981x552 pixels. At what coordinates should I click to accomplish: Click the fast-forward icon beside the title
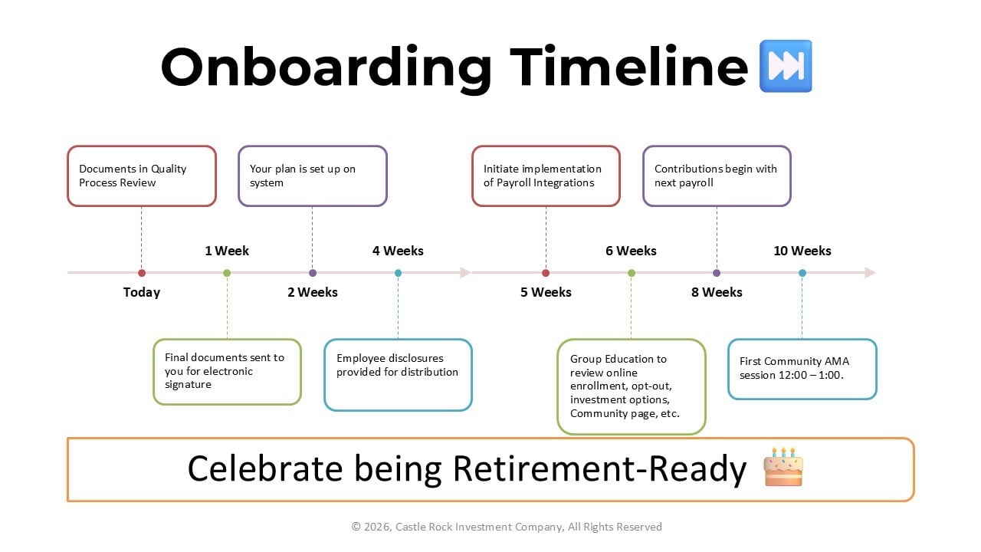pyautogui.click(x=785, y=67)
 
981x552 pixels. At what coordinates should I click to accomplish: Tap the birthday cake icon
pyautogui.click(x=783, y=467)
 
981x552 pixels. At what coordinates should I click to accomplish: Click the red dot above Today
pyautogui.click(x=142, y=273)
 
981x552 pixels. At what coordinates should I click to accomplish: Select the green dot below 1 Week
pyautogui.click(x=227, y=273)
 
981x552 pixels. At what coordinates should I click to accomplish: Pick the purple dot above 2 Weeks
pyautogui.click(x=312, y=273)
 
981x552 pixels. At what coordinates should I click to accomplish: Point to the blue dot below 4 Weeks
pyautogui.click(x=398, y=273)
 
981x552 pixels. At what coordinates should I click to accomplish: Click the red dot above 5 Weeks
pyautogui.click(x=546, y=273)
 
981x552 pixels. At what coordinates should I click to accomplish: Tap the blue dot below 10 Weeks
pyautogui.click(x=802, y=273)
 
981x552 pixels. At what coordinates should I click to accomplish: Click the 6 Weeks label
pyautogui.click(x=631, y=251)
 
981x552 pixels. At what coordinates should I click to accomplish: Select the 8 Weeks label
pyautogui.click(x=717, y=292)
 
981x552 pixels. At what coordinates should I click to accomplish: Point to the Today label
pyautogui.click(x=142, y=292)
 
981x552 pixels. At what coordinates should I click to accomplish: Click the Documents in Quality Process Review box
pyautogui.click(x=142, y=176)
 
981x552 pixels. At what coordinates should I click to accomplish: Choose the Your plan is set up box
pyautogui.click(x=312, y=176)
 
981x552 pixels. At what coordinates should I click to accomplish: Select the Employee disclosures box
pyautogui.click(x=398, y=375)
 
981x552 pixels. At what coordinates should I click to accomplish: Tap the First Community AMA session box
pyautogui.click(x=802, y=369)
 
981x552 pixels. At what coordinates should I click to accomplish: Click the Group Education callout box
pyautogui.click(x=631, y=386)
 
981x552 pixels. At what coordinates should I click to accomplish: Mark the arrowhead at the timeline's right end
pyautogui.click(x=870, y=273)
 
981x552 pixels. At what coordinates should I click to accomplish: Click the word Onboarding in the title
pyautogui.click(x=326, y=67)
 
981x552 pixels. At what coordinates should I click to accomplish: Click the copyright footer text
pyautogui.click(x=507, y=527)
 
